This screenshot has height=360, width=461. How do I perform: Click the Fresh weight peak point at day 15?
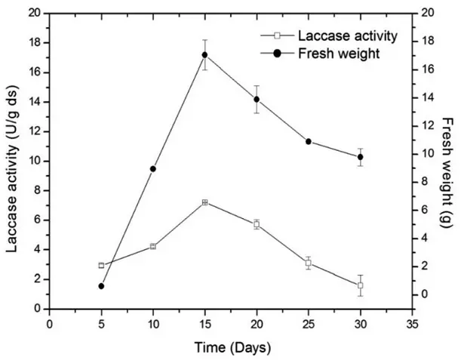[204, 54]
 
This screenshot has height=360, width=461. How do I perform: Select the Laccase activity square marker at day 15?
[204, 202]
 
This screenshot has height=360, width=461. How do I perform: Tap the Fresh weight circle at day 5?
[101, 286]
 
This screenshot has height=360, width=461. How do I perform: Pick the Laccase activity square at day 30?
[361, 285]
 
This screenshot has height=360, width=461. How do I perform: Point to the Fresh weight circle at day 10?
[153, 169]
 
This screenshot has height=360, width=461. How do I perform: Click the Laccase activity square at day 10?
[153, 246]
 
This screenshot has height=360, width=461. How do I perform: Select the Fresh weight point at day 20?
[257, 99]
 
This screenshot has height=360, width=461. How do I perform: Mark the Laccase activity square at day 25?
[309, 263]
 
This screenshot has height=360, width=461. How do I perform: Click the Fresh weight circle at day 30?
[361, 157]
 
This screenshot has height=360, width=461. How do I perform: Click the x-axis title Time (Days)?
[231, 348]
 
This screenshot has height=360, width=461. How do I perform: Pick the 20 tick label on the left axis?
[34, 14]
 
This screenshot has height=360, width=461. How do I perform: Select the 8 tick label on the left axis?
[37, 190]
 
